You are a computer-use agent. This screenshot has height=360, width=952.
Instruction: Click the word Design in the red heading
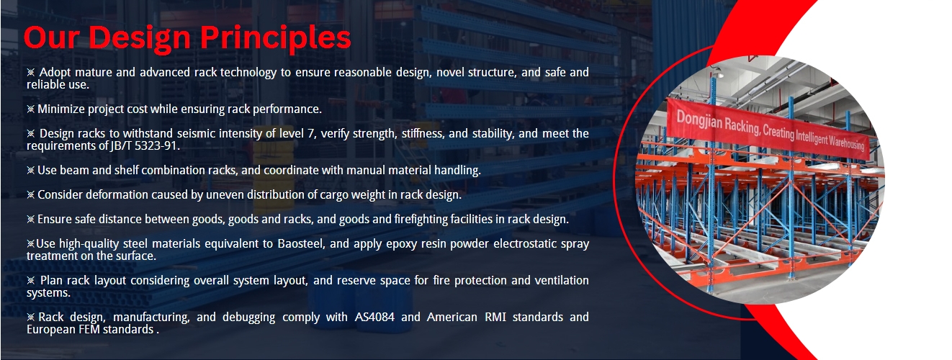(x=139, y=39)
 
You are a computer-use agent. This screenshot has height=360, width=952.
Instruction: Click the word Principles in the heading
(x=275, y=39)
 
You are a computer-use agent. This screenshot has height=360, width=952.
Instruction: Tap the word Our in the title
(x=51, y=37)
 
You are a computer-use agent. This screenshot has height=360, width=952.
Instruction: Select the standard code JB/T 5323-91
(x=144, y=145)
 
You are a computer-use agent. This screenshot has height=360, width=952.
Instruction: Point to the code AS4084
(x=374, y=317)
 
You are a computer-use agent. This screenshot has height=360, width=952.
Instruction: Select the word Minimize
(x=61, y=109)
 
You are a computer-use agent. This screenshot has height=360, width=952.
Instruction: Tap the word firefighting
(x=421, y=220)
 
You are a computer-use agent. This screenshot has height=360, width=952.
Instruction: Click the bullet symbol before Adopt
(x=30, y=72)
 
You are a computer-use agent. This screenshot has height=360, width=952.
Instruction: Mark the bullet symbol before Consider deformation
(x=30, y=195)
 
